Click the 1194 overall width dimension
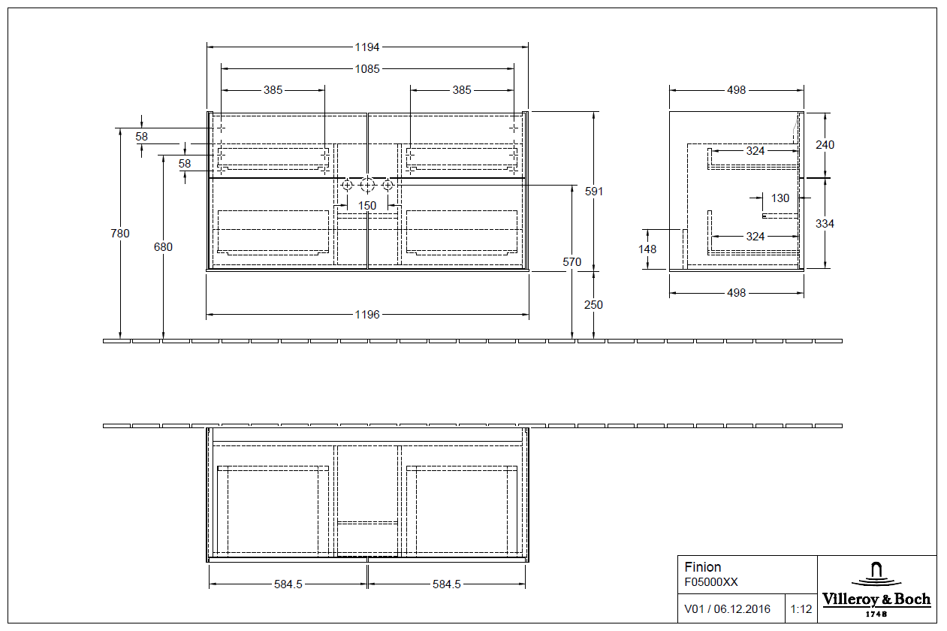(x=367, y=47)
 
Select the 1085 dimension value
(x=367, y=68)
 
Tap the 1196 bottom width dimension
(x=367, y=314)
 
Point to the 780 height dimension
(x=120, y=234)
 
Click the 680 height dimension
(x=163, y=247)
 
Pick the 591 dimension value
(x=594, y=192)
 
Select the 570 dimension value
(x=572, y=262)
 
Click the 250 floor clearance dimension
(x=594, y=305)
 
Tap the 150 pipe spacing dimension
(x=367, y=206)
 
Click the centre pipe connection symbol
(x=367, y=185)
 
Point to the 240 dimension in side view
(x=825, y=145)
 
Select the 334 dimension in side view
(x=825, y=224)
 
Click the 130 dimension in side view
(x=780, y=198)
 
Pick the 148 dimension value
(x=647, y=249)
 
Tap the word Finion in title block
(x=703, y=567)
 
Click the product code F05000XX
(x=711, y=581)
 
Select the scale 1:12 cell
(x=801, y=609)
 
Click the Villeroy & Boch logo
(x=876, y=589)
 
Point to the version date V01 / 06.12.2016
(x=727, y=609)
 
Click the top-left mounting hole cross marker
(x=221, y=128)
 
